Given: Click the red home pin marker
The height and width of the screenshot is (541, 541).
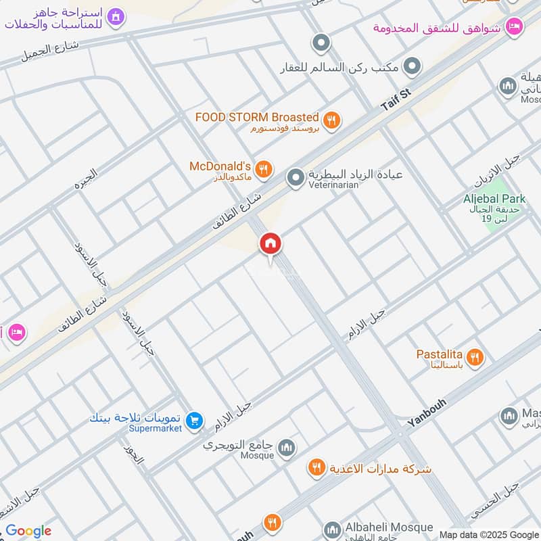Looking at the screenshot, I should tap(270, 244).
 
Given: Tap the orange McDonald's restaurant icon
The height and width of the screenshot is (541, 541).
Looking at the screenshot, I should tap(264, 170).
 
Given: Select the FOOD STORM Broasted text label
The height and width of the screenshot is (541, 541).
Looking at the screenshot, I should tap(257, 117).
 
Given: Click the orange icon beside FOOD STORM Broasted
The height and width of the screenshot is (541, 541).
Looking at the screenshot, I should tap(331, 120).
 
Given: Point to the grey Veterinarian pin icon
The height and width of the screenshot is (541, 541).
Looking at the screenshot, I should tap(295, 179).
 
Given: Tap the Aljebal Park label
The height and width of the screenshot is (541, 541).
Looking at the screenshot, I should tap(494, 199).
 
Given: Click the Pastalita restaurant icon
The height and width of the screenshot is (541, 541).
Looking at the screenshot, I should tap(475, 356).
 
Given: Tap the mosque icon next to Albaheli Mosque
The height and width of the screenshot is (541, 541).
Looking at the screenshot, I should tap(331, 530).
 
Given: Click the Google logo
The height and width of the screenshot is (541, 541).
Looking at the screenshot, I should tap(28, 531).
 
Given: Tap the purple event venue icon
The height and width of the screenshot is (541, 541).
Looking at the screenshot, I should tap(116, 16).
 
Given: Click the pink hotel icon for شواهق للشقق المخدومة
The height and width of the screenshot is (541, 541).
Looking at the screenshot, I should tap(515, 26).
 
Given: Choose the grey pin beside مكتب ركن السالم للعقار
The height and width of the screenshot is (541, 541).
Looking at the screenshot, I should tap(412, 66).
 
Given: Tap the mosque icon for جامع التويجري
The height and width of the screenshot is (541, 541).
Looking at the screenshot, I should tap(287, 448).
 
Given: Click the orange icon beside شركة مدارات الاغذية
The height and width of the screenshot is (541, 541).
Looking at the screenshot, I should tap(316, 467).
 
